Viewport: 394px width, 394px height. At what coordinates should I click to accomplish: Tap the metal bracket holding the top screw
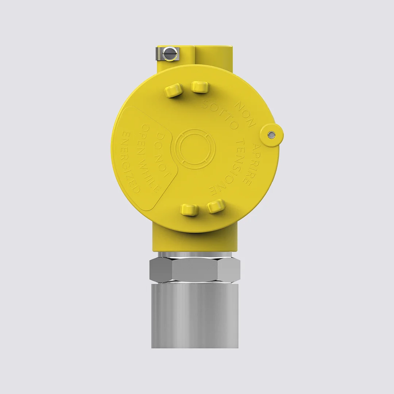(x=167, y=54)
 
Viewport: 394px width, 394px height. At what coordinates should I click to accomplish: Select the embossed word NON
(x=244, y=113)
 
